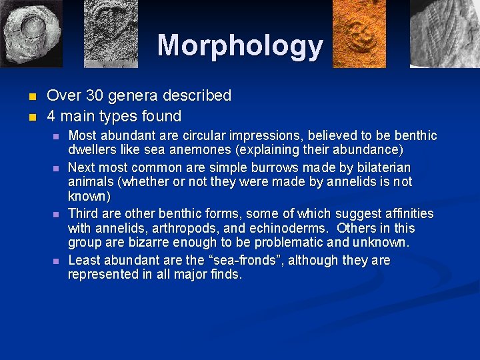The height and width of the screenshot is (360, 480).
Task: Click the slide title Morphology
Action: [x=240, y=45]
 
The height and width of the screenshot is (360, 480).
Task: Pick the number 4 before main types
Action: [x=51, y=117]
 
